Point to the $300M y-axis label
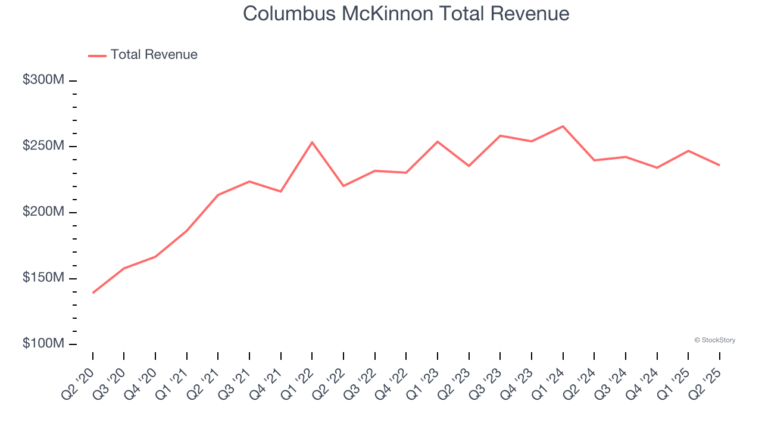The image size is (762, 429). click(42, 80)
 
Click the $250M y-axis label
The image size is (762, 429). click(42, 146)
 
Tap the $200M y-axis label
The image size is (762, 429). click(42, 212)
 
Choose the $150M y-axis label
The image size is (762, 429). click(42, 278)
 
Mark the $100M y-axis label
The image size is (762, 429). click(42, 344)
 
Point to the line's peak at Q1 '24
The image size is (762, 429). click(563, 126)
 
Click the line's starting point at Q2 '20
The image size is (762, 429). click(93, 293)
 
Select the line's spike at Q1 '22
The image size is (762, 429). click(312, 142)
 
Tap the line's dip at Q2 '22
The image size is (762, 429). click(343, 186)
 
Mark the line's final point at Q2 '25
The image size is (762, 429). click(719, 165)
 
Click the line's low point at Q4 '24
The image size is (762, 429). click(657, 167)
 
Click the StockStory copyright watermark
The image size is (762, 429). click(714, 340)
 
